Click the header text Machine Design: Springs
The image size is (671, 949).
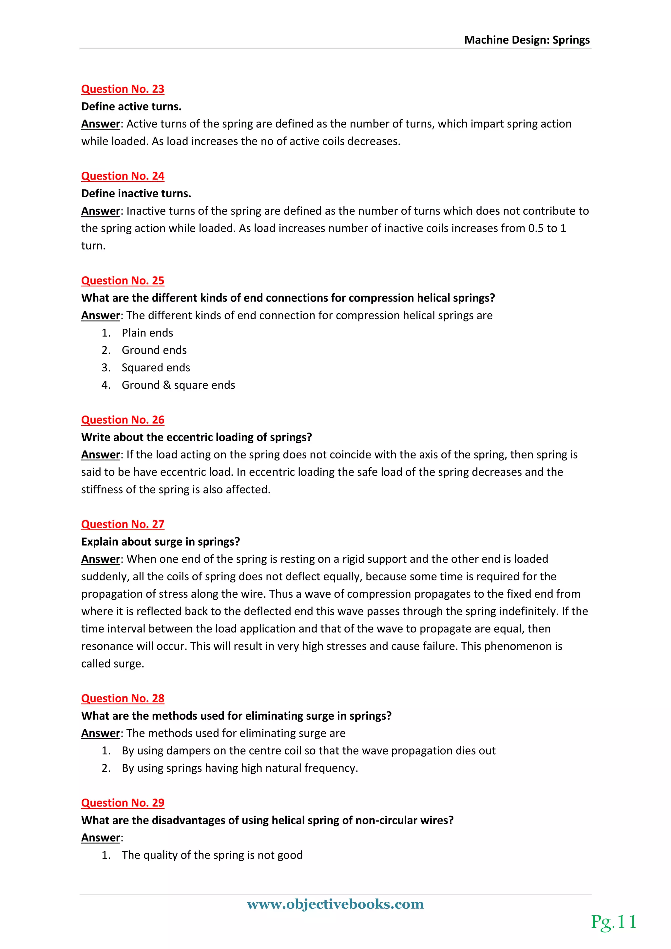click(527, 40)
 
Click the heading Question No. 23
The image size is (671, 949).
click(123, 89)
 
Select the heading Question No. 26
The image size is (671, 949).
click(123, 420)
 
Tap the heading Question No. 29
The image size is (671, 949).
click(123, 803)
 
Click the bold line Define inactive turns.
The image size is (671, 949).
click(136, 193)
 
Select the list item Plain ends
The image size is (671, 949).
click(147, 333)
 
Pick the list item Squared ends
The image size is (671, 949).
click(156, 367)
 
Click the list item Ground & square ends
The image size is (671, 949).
click(178, 385)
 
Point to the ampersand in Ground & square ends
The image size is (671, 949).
click(167, 385)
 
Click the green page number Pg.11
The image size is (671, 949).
click(614, 922)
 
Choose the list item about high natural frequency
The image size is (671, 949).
click(240, 768)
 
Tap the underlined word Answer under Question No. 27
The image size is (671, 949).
click(100, 559)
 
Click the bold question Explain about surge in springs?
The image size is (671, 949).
click(160, 542)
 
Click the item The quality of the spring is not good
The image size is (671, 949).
click(212, 855)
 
